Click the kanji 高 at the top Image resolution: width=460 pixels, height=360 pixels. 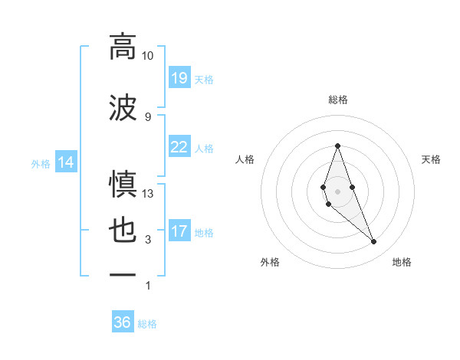[123, 47]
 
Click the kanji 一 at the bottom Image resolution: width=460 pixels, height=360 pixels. [123, 273]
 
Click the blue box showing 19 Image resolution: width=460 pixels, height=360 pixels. [179, 78]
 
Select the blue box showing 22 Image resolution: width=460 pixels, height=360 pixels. [179, 147]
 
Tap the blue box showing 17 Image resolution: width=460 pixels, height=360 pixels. [179, 231]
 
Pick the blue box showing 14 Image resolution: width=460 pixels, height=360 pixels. [65, 162]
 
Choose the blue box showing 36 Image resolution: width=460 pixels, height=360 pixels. [123, 322]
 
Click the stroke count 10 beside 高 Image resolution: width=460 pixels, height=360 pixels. [148, 56]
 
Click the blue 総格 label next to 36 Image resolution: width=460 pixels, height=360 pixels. [148, 324]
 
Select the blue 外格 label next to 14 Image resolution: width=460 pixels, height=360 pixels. [40, 163]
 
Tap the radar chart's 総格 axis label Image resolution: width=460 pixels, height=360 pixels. [337, 100]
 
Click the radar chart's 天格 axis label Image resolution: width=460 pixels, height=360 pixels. [432, 159]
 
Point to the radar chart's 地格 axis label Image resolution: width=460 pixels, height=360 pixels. [402, 262]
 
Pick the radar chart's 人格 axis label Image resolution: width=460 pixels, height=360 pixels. [245, 159]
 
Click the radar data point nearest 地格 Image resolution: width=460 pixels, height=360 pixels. [374, 242]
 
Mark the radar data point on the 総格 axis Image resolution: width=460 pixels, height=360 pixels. [337, 146]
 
